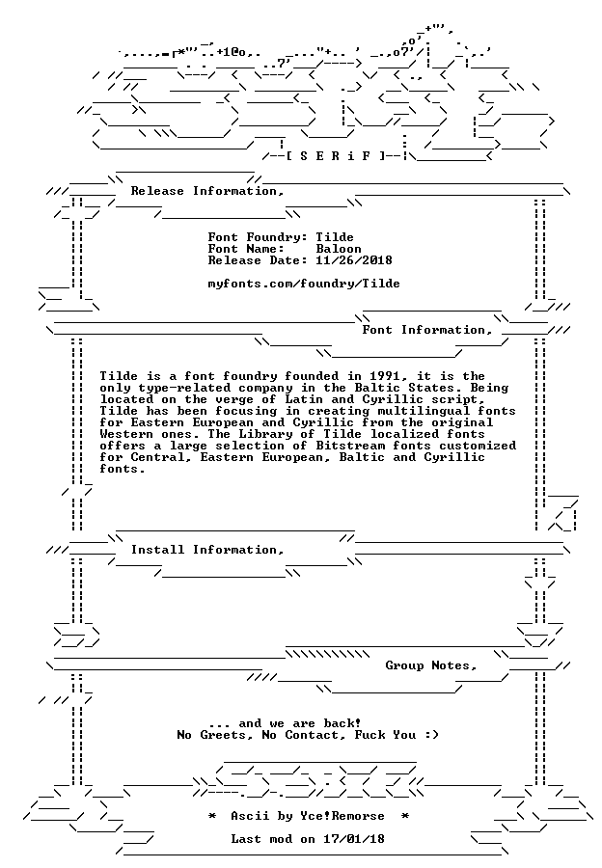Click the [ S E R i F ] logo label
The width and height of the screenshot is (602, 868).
click(x=336, y=155)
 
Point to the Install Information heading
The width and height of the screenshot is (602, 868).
click(x=207, y=550)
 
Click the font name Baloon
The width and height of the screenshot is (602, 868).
click(x=339, y=249)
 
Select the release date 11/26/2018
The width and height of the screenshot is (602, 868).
click(x=354, y=260)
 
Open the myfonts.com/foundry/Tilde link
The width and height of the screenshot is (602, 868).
click(x=304, y=284)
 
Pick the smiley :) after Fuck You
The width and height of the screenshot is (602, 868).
click(x=431, y=735)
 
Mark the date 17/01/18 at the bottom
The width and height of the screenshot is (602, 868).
click(x=354, y=839)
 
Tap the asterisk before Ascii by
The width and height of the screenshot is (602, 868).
click(x=212, y=816)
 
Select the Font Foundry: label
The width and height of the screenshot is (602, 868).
click(x=258, y=237)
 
